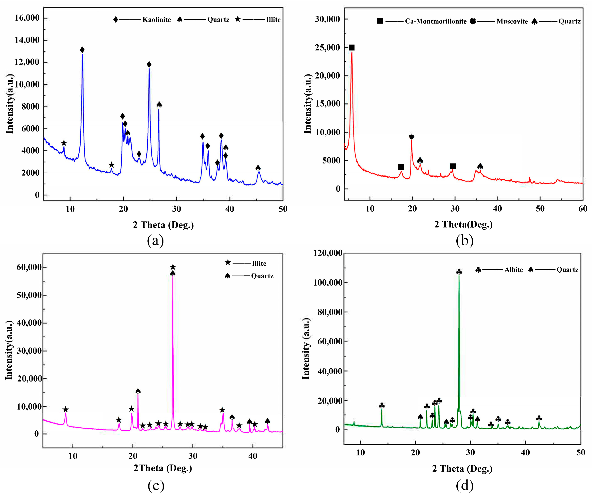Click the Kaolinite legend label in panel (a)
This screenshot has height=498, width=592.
tap(156, 20)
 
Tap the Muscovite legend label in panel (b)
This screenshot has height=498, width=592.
tap(512, 21)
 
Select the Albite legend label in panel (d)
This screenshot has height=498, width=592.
tap(513, 270)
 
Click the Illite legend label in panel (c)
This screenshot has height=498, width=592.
tap(259, 263)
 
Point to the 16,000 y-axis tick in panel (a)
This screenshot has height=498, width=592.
tap(27, 18)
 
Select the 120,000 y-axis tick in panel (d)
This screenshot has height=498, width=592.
tap(328, 253)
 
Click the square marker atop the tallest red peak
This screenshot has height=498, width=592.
tap(351, 48)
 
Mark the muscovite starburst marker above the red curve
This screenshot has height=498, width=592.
tap(412, 137)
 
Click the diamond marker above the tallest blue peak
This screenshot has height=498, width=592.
tap(82, 50)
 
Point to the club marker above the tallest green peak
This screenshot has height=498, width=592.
tap(459, 272)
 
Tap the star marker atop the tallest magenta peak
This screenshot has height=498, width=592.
tap(173, 267)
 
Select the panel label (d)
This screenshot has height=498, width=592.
tap(464, 485)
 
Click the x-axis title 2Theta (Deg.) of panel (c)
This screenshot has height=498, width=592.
tap(163, 468)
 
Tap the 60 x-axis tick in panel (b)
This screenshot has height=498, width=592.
tap(583, 209)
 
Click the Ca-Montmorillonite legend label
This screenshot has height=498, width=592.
tap(435, 21)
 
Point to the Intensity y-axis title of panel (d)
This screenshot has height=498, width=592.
tap(306, 348)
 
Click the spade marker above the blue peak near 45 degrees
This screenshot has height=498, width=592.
tap(258, 168)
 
